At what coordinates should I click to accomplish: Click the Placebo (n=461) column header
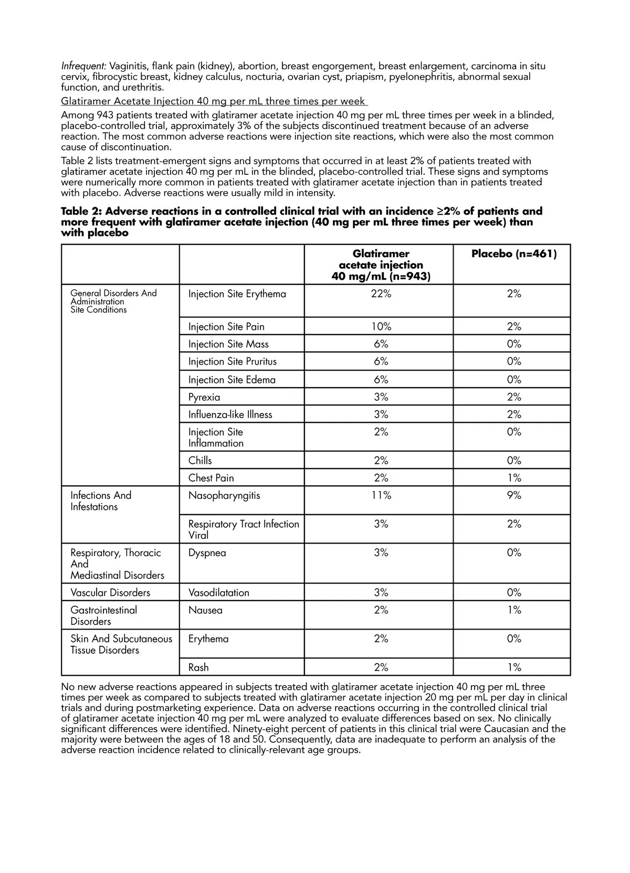[513, 254]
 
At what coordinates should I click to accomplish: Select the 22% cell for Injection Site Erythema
[381, 294]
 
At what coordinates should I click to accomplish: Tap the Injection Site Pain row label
[226, 327]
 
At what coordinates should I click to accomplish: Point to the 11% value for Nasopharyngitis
[381, 495]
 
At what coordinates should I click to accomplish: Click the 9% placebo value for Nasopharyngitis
[513, 495]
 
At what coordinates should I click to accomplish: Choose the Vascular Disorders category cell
[110, 593]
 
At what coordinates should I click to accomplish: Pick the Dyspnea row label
[207, 553]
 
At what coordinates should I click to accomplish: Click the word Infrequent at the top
[83, 66]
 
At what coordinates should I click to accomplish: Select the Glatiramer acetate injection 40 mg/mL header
[381, 265]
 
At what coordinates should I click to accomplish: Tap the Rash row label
[198, 667]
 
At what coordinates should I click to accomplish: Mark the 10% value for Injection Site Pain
[381, 327]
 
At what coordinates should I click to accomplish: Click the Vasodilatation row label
[218, 593]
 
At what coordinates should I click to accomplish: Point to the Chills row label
[200, 461]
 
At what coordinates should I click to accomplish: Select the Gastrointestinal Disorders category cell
[103, 615]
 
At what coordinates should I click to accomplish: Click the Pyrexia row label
[204, 397]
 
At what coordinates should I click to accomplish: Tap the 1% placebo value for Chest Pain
[513, 478]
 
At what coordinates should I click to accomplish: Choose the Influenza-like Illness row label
[230, 414]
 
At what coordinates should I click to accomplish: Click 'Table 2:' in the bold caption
[81, 211]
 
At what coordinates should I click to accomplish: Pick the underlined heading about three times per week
[214, 101]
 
